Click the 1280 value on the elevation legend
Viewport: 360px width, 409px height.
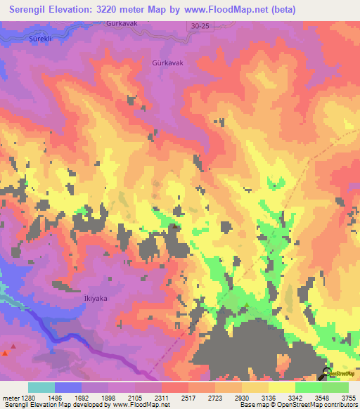[27, 398]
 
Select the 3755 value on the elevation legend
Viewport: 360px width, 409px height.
[349, 398]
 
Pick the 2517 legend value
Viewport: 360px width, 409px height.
[188, 398]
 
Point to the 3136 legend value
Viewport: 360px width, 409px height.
[269, 398]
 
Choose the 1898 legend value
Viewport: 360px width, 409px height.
[108, 398]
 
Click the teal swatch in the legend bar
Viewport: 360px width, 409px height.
[41, 387]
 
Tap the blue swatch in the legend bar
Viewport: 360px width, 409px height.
[68, 387]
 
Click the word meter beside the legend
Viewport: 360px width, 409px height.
[10, 398]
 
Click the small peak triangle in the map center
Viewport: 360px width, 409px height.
[174, 226]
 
